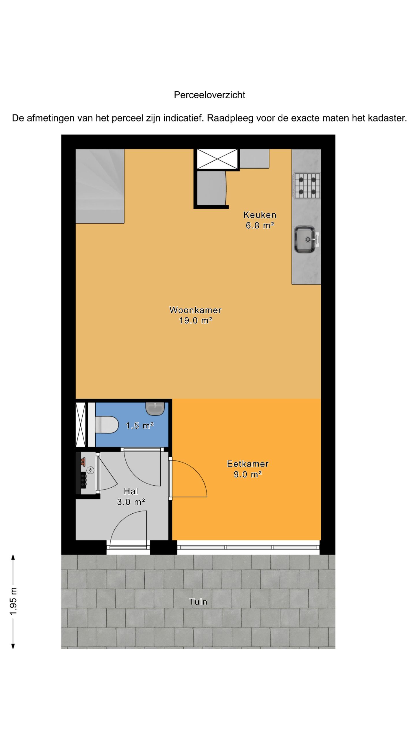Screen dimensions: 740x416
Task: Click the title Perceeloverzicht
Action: click(209, 95)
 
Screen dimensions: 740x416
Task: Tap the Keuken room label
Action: click(260, 215)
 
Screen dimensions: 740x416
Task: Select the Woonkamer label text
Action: click(195, 310)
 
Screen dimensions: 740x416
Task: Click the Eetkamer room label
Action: click(248, 464)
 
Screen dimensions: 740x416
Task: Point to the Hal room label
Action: click(131, 491)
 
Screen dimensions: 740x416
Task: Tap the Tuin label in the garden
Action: click(198, 602)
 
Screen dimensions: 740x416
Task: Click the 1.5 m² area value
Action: click(140, 426)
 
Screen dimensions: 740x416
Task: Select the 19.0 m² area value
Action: click(196, 321)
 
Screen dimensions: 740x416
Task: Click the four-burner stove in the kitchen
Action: click(307, 186)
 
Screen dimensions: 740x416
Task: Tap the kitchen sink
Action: click(305, 239)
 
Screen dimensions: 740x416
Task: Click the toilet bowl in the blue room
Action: click(107, 425)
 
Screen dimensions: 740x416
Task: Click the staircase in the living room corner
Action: click(100, 186)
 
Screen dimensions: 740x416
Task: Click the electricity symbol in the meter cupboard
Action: click(90, 470)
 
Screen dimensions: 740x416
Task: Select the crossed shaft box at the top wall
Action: click(217, 159)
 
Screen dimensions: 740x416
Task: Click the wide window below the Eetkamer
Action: click(248, 547)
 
